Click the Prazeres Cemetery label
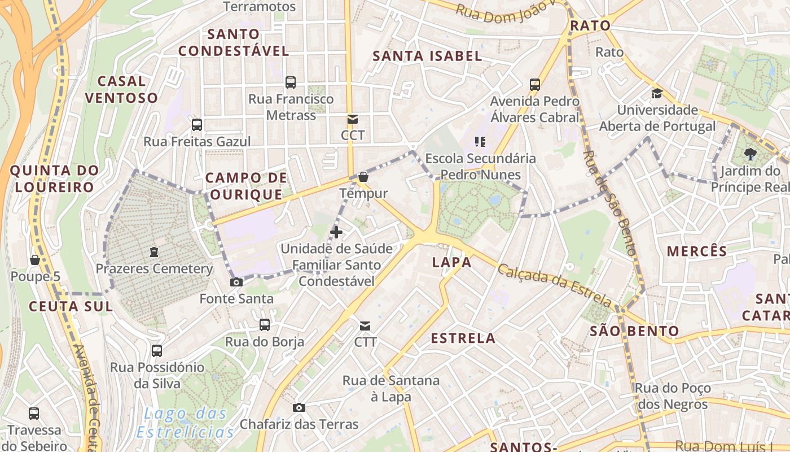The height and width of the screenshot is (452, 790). (x=154, y=268)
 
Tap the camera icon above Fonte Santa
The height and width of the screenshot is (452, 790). (x=236, y=282)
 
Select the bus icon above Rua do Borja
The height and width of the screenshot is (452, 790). (x=265, y=325)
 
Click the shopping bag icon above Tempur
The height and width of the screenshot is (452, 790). (x=363, y=176)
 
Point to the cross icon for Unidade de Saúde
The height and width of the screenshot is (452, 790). (x=336, y=232)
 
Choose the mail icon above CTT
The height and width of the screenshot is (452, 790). (x=365, y=325)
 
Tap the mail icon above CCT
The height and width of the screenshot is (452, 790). (x=353, y=119)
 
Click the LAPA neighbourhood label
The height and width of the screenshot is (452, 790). (x=452, y=262)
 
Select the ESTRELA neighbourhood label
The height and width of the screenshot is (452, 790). (x=463, y=338)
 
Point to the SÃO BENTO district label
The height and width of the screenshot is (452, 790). (x=634, y=331)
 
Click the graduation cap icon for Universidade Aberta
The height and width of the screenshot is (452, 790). (x=657, y=93)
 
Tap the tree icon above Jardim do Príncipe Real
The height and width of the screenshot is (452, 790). (x=750, y=154)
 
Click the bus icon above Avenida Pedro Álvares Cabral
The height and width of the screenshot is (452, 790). (x=535, y=85)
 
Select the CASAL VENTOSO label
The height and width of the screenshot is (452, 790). (x=122, y=89)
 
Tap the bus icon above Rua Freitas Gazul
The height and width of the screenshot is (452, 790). (x=197, y=125)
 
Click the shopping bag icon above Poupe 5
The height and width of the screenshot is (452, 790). (x=35, y=260)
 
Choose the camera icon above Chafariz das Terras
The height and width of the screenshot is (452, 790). (x=299, y=407)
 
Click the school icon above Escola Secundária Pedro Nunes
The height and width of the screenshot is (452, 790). (x=480, y=141)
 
